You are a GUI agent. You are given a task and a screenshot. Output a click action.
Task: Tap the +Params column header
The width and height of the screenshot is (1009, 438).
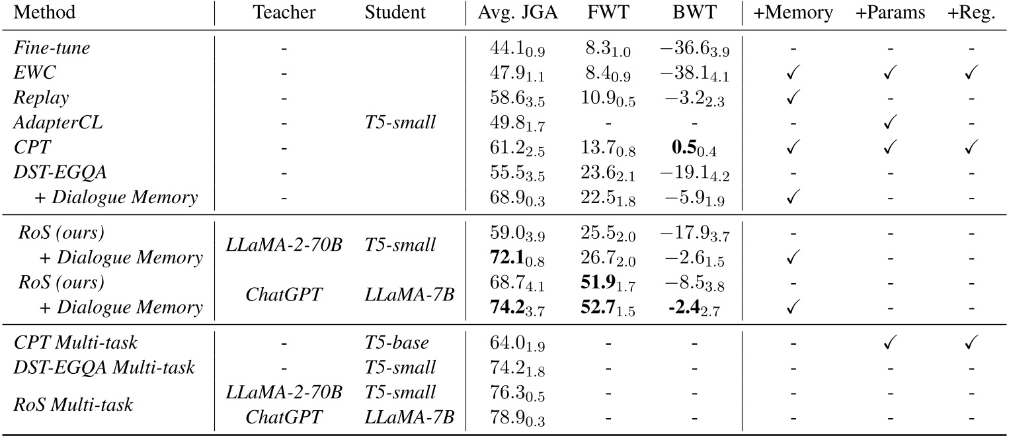891,13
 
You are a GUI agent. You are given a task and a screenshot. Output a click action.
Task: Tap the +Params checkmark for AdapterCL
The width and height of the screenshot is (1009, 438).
891,122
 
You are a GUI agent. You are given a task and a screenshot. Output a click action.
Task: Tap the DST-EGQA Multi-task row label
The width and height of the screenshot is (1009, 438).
104,367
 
